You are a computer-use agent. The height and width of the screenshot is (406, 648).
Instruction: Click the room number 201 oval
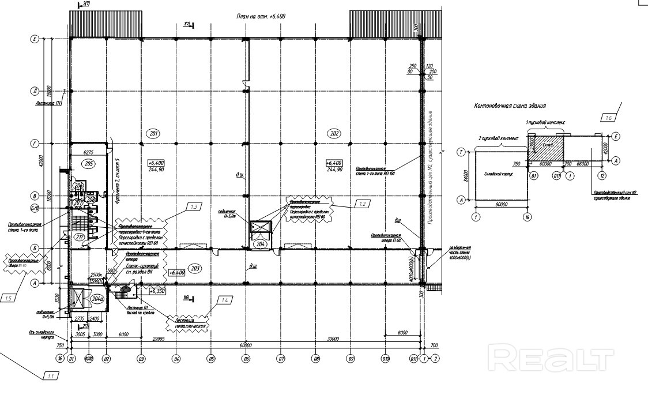pos(154,133)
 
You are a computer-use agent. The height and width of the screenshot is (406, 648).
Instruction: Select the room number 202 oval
pos(334,133)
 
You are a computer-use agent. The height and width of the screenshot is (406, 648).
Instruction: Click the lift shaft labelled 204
pos(260,231)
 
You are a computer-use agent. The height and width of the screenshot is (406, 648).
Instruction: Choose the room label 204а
pos(98,299)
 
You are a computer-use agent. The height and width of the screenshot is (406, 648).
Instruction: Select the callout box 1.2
pos(361,204)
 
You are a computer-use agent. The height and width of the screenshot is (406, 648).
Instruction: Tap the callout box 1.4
pos(224,300)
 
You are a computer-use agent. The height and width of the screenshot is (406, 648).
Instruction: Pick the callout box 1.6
pos(609,118)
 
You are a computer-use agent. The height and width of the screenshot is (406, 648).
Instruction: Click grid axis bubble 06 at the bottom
pos(246,359)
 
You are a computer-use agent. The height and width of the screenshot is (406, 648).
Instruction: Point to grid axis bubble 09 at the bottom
pos(351,359)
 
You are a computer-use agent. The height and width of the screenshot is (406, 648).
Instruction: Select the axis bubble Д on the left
pos(35,91)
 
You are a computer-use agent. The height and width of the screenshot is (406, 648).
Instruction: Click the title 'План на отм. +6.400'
pos(261,17)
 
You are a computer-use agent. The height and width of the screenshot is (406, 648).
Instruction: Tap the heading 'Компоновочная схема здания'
pos(510,106)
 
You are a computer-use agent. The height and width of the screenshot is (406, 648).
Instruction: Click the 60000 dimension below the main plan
pos(246,345)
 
